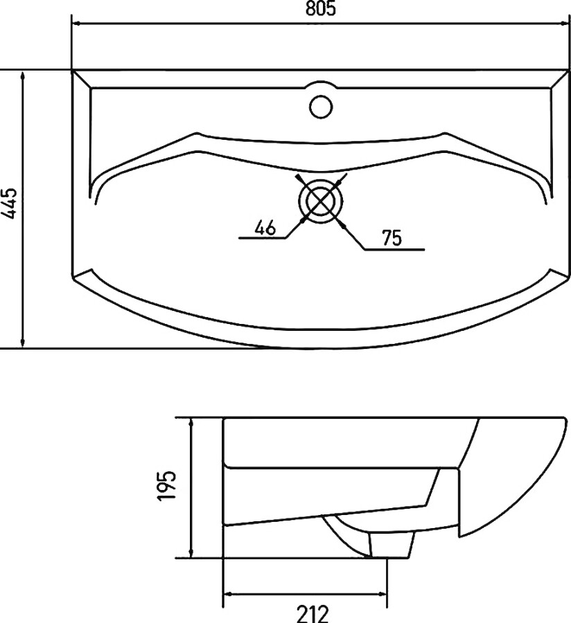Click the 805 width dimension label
320,8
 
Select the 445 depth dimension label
9,203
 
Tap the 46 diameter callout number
265,227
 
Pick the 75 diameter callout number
392,238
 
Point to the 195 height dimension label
166,486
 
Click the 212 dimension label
313,614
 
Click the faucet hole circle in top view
320,107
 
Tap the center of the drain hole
320,201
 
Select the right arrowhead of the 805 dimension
564,24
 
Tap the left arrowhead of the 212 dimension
229,594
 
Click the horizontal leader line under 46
263,238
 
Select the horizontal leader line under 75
395,249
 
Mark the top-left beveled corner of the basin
82,79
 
